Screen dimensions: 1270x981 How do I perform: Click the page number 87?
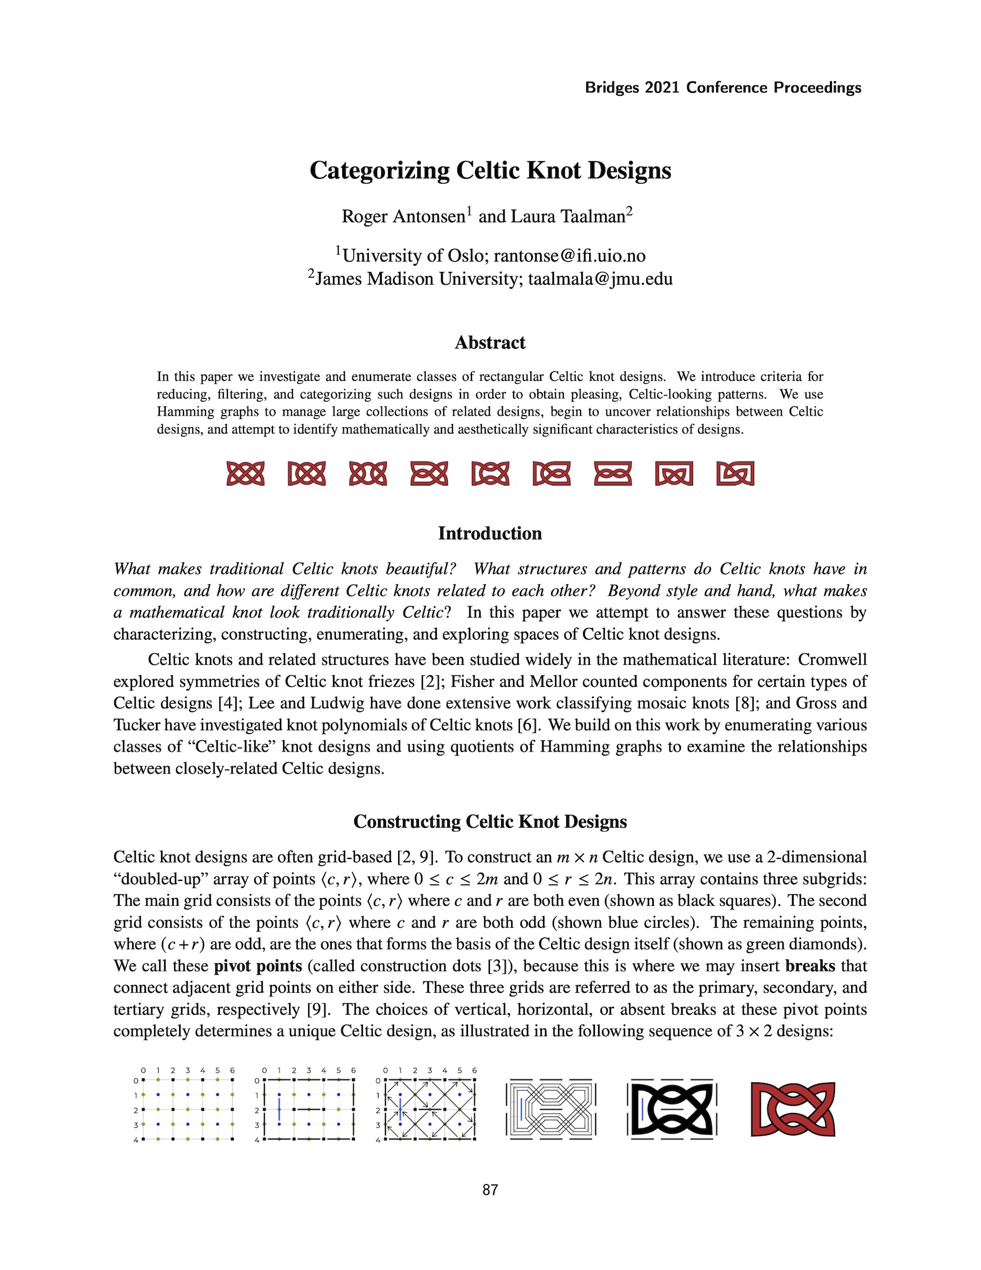[x=490, y=1190]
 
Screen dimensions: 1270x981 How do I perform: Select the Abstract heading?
[x=490, y=342]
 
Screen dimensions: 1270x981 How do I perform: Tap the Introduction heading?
[x=490, y=533]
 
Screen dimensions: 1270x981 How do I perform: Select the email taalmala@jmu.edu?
[x=600, y=279]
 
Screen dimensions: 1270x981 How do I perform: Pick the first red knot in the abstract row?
[x=245, y=473]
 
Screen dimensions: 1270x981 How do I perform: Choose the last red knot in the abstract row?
[x=735, y=473]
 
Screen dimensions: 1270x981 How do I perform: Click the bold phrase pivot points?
[x=258, y=966]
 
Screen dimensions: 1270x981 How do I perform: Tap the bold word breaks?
[x=810, y=966]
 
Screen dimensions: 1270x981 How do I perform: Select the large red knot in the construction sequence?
[x=793, y=1109]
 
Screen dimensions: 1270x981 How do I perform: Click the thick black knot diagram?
[x=673, y=1110]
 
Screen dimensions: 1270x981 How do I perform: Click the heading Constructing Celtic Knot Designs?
[x=490, y=821]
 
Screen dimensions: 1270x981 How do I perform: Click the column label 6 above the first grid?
[x=232, y=1070]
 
